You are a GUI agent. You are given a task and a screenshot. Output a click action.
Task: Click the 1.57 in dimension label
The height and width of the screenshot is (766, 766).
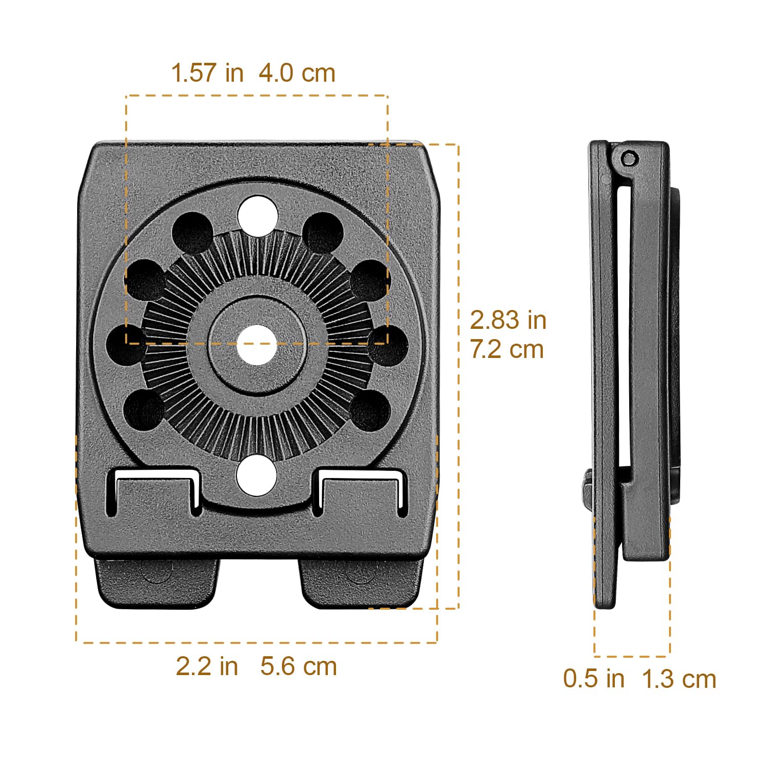coord(207,73)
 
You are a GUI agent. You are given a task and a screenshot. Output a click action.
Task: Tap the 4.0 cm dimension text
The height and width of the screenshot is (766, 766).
coord(297,73)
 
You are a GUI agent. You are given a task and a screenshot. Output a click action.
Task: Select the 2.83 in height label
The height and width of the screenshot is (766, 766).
coord(508,320)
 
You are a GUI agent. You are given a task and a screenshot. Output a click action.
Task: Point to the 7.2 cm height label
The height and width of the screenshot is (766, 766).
coord(507,349)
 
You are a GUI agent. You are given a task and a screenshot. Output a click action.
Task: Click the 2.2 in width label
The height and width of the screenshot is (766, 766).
coord(207,666)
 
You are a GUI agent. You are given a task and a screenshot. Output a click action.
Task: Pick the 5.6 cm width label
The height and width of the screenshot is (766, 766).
coord(298,666)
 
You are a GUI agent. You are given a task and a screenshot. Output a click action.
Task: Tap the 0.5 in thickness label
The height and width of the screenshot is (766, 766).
coord(593,678)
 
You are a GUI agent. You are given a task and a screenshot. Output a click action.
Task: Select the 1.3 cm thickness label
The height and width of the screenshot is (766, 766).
coord(678,679)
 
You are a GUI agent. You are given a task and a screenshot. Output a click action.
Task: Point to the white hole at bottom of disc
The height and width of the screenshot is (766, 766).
coord(256,475)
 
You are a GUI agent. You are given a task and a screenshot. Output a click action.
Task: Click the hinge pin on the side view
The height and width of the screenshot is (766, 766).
coord(630,159)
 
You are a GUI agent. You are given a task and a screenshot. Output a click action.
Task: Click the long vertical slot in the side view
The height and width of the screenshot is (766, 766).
coord(624,327)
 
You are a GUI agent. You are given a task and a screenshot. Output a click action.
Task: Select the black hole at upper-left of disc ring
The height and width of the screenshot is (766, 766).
coord(192,232)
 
